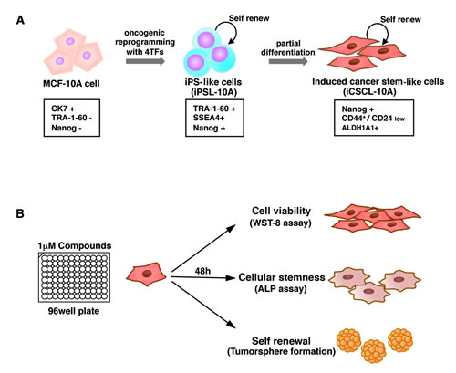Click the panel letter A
tap(20, 20)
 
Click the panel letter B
tap(20, 214)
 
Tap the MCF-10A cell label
tap(71, 83)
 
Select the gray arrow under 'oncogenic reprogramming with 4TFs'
tap(145, 61)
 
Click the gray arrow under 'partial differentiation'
tap(288, 61)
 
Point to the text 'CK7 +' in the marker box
tap(63, 109)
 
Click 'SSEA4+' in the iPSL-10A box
tap(209, 118)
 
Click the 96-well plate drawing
tap(74, 277)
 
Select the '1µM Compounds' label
tap(75, 245)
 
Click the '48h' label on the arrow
tap(202, 271)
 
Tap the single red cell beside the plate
tap(146, 275)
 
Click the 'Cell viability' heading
tap(281, 211)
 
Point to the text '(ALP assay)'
tap(281, 288)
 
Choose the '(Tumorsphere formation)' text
tap(281, 352)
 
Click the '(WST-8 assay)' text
tap(281, 223)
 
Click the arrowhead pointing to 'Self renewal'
tap(231, 324)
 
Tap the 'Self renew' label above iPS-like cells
tap(249, 18)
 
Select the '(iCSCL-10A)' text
tap(369, 91)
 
